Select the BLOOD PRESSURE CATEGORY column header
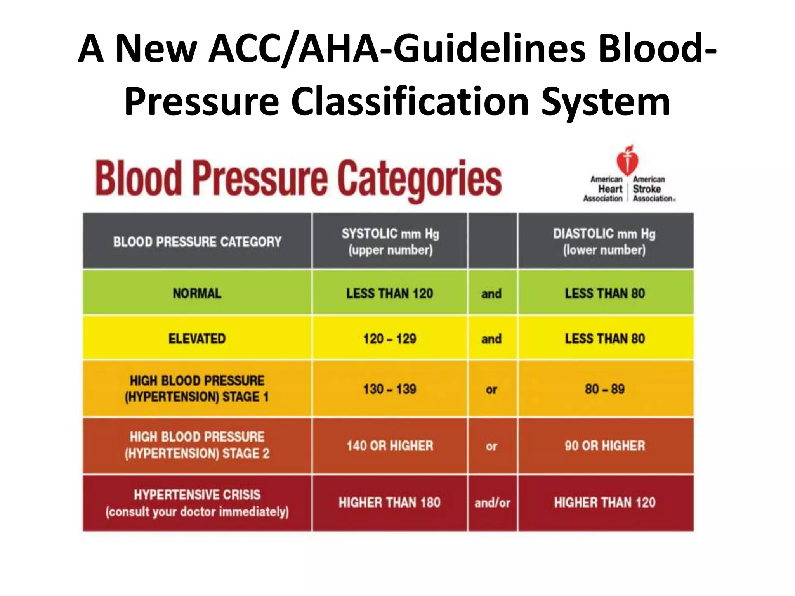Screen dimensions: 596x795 [197, 241]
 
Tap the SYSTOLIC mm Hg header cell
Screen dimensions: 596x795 [390, 241]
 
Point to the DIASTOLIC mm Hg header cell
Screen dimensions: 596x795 [605, 241]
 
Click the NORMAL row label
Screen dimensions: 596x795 [197, 293]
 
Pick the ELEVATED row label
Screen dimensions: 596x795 [197, 338]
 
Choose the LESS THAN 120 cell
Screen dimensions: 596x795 [390, 293]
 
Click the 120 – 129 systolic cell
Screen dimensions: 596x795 [390, 338]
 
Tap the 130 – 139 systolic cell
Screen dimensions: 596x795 [390, 389]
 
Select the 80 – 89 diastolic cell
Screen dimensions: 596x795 [605, 389]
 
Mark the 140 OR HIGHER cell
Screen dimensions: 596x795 [390, 445]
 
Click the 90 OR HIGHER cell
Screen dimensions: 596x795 [605, 445]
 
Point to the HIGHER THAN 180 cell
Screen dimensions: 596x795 [390, 502]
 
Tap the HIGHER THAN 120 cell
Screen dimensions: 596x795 [605, 502]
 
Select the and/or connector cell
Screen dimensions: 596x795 [492, 502]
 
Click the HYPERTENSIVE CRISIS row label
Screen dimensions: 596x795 [197, 502]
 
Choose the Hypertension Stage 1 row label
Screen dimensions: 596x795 [197, 389]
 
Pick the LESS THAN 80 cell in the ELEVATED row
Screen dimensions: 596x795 [605, 338]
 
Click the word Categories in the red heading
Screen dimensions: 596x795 [419, 179]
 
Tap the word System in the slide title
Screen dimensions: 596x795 [606, 102]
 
